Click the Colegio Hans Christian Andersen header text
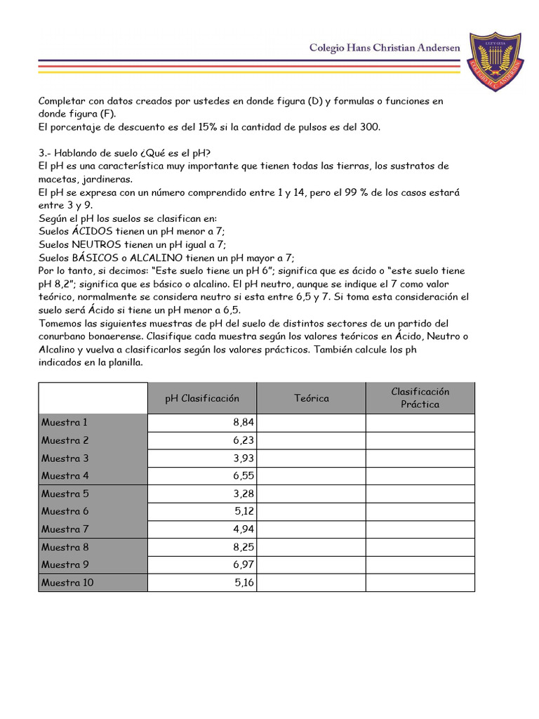[x=385, y=47]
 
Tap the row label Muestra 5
[x=65, y=494]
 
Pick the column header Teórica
[x=311, y=398]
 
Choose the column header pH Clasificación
[x=202, y=398]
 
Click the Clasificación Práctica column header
[x=420, y=398]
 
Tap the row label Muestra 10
[x=67, y=583]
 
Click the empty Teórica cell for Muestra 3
[x=311, y=459]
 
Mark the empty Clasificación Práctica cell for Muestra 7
[x=420, y=529]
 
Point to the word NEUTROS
[x=97, y=244]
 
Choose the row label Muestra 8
[x=65, y=547]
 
